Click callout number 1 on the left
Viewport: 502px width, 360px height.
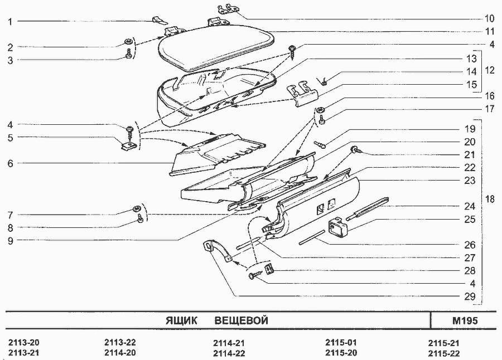tap(10, 22)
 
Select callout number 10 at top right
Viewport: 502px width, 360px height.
tap(489, 18)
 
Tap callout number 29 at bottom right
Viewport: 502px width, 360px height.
tap(470, 296)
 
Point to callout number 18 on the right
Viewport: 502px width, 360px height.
tap(490, 199)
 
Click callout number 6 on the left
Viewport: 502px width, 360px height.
tap(10, 163)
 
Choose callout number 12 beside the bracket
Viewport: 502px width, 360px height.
tap(490, 70)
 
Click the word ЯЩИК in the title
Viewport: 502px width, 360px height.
tap(181, 320)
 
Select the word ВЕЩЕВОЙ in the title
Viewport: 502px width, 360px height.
tap(241, 320)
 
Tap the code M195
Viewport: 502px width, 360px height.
tap(465, 320)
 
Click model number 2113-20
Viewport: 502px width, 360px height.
tap(23, 343)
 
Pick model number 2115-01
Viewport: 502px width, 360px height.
tap(341, 342)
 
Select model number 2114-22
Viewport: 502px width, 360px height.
tap(229, 353)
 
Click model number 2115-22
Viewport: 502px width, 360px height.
tap(444, 353)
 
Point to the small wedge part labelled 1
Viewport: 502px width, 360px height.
tap(160, 20)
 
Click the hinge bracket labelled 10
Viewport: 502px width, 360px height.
tap(229, 9)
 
